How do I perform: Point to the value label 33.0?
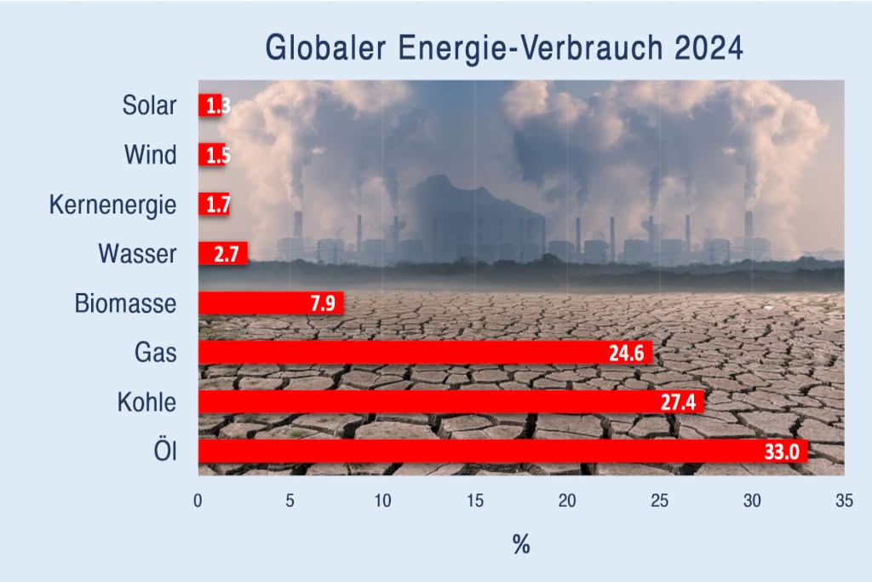pyautogui.click(x=781, y=452)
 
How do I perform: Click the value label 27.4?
pyautogui.click(x=678, y=402)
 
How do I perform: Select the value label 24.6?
pyautogui.click(x=626, y=353)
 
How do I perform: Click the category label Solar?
pyautogui.click(x=149, y=106)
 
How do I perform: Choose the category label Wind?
pyautogui.click(x=150, y=155)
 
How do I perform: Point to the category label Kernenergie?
pyautogui.click(x=113, y=205)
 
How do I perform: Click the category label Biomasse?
pyautogui.click(x=125, y=303)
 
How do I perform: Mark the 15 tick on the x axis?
pyautogui.click(x=475, y=502)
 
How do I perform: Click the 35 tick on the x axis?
pyautogui.click(x=844, y=502)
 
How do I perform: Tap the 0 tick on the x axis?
pyautogui.click(x=198, y=502)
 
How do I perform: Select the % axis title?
pyautogui.click(x=521, y=545)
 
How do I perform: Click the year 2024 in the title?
pyautogui.click(x=709, y=48)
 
